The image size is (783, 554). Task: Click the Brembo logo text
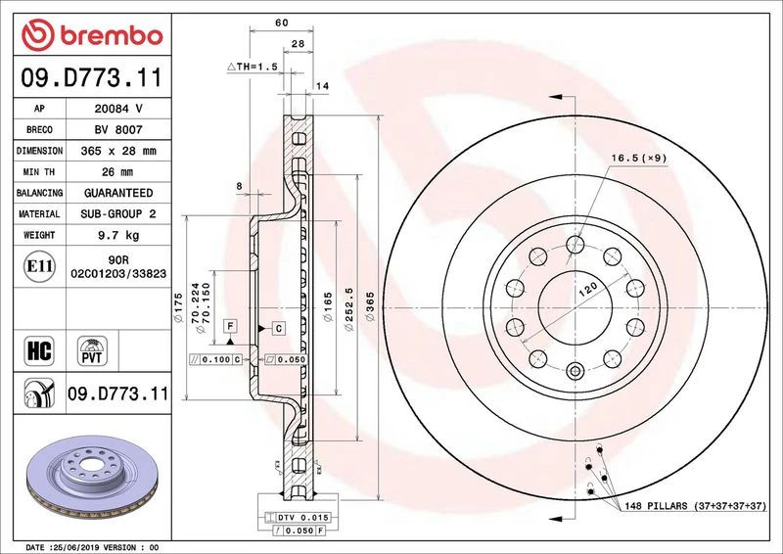tap(112, 35)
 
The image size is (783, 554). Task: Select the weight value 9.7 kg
tap(118, 235)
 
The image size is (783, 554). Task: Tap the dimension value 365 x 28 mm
tap(118, 151)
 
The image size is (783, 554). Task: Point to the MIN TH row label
tap(39, 172)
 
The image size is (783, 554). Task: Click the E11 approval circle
tap(39, 266)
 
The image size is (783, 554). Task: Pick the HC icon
tap(39, 350)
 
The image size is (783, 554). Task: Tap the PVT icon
tap(92, 350)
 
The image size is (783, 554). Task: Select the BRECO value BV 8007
tap(118, 130)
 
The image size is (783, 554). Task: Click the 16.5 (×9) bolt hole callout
tap(639, 158)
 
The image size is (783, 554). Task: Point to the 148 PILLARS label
tap(695, 506)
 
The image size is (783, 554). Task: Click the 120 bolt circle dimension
tap(588, 290)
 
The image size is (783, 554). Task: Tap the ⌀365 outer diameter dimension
tap(370, 306)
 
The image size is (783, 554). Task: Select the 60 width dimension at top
tap(282, 23)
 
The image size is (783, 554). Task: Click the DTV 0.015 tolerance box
tap(298, 518)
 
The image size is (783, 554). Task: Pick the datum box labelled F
tap(230, 326)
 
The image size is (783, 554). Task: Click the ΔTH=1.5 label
tap(253, 67)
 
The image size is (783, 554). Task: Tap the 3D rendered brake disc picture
tap(92, 478)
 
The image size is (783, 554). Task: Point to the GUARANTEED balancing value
tap(118, 193)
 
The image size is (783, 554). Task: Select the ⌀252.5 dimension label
tap(349, 308)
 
